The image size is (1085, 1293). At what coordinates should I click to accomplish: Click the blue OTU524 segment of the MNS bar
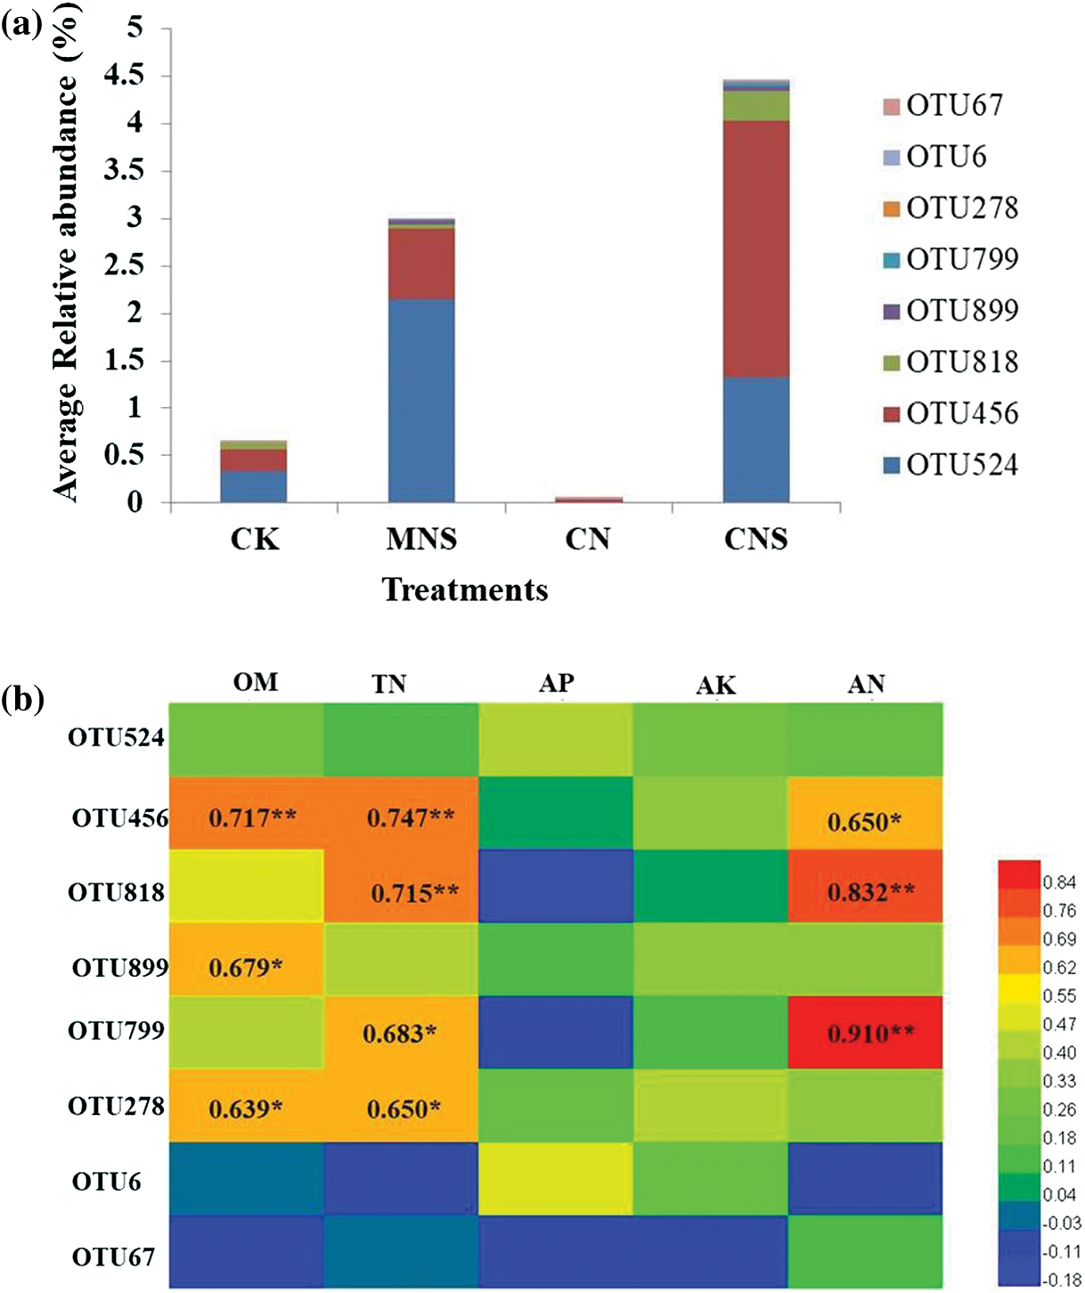coord(421,401)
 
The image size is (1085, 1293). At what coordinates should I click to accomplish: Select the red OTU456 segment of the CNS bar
coord(755,248)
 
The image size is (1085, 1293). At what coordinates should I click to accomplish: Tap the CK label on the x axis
coord(255,540)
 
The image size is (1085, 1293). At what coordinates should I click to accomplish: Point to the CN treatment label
coord(588,540)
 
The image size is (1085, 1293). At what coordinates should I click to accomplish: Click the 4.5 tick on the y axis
coord(124,76)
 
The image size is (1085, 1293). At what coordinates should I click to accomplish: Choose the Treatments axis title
coord(465,590)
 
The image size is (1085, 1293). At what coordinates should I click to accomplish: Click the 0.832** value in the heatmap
coord(869,891)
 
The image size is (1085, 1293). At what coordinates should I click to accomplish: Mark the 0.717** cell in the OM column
coord(252,817)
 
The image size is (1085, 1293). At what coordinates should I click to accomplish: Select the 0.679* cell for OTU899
coord(245,967)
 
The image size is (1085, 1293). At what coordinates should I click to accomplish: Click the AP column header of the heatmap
coord(557,683)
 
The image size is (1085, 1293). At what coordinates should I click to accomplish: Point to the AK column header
coord(716,685)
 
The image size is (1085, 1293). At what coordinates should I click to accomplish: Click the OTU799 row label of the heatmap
coord(117,1030)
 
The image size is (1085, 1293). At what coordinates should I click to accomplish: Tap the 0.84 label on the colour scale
coord(1059,882)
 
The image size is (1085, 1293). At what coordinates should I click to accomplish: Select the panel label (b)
coord(22,700)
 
